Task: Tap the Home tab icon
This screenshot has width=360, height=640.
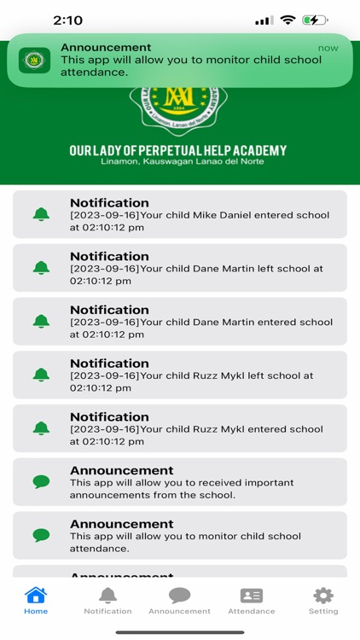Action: click(36, 596)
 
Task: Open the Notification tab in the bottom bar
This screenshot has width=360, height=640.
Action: click(107, 596)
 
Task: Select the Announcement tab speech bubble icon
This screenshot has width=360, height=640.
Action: click(179, 596)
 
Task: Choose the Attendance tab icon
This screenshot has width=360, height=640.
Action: click(251, 596)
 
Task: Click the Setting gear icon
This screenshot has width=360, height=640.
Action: click(322, 596)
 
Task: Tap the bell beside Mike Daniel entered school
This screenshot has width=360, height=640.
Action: click(41, 214)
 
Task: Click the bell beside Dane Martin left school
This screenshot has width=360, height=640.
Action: click(41, 268)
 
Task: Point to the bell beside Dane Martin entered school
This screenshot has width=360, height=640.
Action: click(41, 322)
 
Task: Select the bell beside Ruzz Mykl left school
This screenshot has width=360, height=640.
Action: click(41, 375)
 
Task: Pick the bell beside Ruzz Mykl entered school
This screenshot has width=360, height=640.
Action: click(41, 428)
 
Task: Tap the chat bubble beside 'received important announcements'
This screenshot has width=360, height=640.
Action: click(41, 482)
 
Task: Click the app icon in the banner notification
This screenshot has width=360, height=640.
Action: click(35, 60)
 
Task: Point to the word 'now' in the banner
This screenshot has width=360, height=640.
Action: click(328, 49)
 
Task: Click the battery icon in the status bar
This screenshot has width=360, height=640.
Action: click(315, 20)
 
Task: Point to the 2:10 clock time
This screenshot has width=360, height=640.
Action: click(67, 20)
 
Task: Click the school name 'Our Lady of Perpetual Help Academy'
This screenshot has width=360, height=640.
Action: click(178, 151)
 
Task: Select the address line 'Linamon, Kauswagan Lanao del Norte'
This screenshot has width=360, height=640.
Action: click(178, 162)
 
